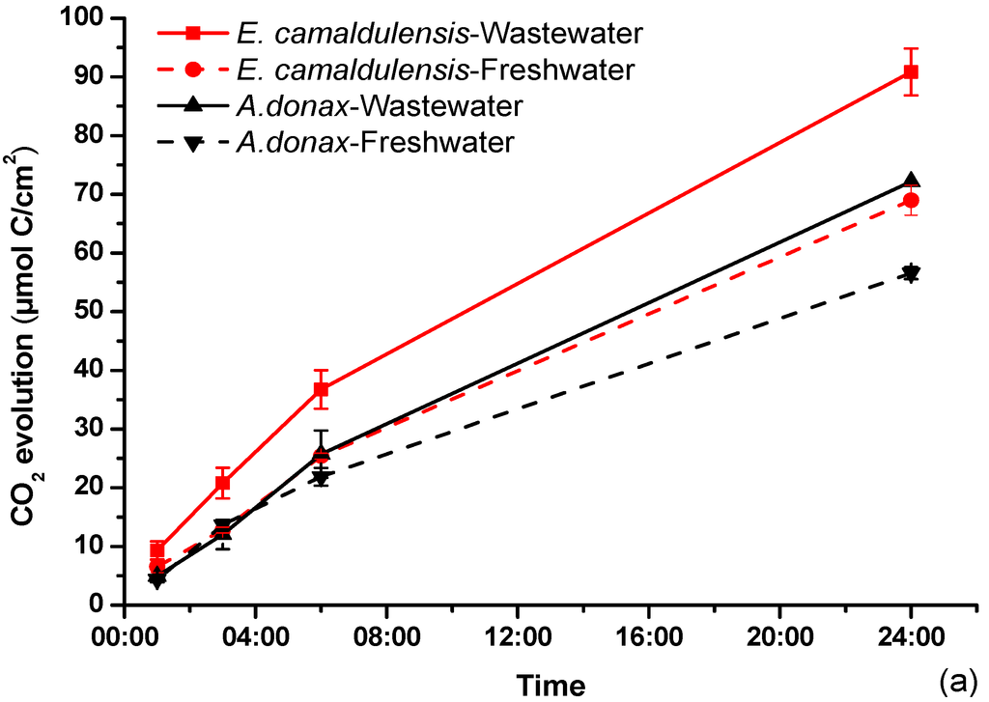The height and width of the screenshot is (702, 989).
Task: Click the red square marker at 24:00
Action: tap(910, 71)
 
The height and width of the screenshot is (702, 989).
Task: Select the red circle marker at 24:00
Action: tap(910, 200)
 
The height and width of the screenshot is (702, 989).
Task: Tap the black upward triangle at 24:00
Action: tap(910, 181)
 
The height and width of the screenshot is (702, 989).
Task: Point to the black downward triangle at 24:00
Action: tap(910, 272)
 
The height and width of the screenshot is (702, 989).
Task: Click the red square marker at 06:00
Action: tap(320, 389)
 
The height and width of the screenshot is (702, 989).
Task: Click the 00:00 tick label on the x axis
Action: tap(123, 638)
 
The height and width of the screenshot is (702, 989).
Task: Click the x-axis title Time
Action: tap(551, 685)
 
